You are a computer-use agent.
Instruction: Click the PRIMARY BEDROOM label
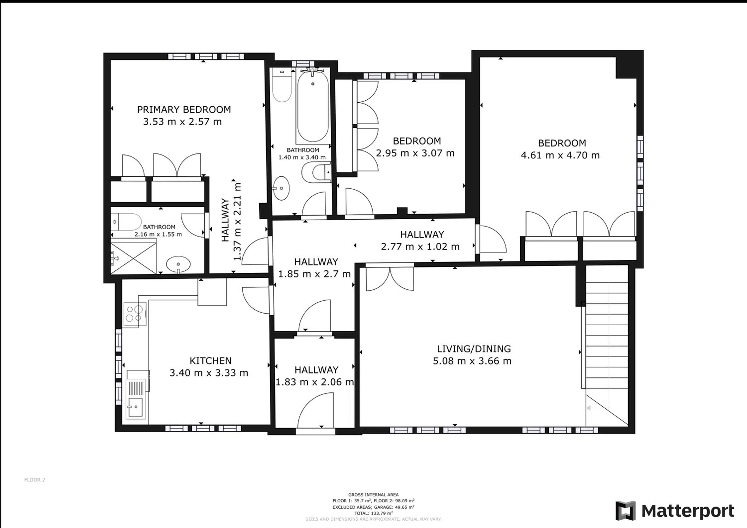184,109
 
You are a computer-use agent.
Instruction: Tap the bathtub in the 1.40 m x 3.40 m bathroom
313,106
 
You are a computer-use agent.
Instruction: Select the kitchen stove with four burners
135,314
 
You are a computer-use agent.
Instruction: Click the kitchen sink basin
135,408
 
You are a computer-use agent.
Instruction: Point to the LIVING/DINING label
474,349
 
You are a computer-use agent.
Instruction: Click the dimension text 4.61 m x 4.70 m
560,155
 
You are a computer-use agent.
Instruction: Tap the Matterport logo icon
625,511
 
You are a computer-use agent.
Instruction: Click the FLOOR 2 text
35,480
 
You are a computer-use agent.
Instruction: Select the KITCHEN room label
211,361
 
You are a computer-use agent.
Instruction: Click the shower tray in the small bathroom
133,256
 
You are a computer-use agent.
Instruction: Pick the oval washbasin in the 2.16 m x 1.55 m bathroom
178,264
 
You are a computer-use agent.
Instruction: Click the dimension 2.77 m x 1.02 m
420,246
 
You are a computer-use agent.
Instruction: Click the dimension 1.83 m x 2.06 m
315,382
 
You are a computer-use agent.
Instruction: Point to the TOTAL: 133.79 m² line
373,513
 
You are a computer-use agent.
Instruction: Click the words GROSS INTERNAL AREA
373,495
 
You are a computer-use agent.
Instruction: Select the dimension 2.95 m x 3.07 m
415,153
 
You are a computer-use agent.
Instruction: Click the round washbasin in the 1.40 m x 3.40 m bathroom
281,188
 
